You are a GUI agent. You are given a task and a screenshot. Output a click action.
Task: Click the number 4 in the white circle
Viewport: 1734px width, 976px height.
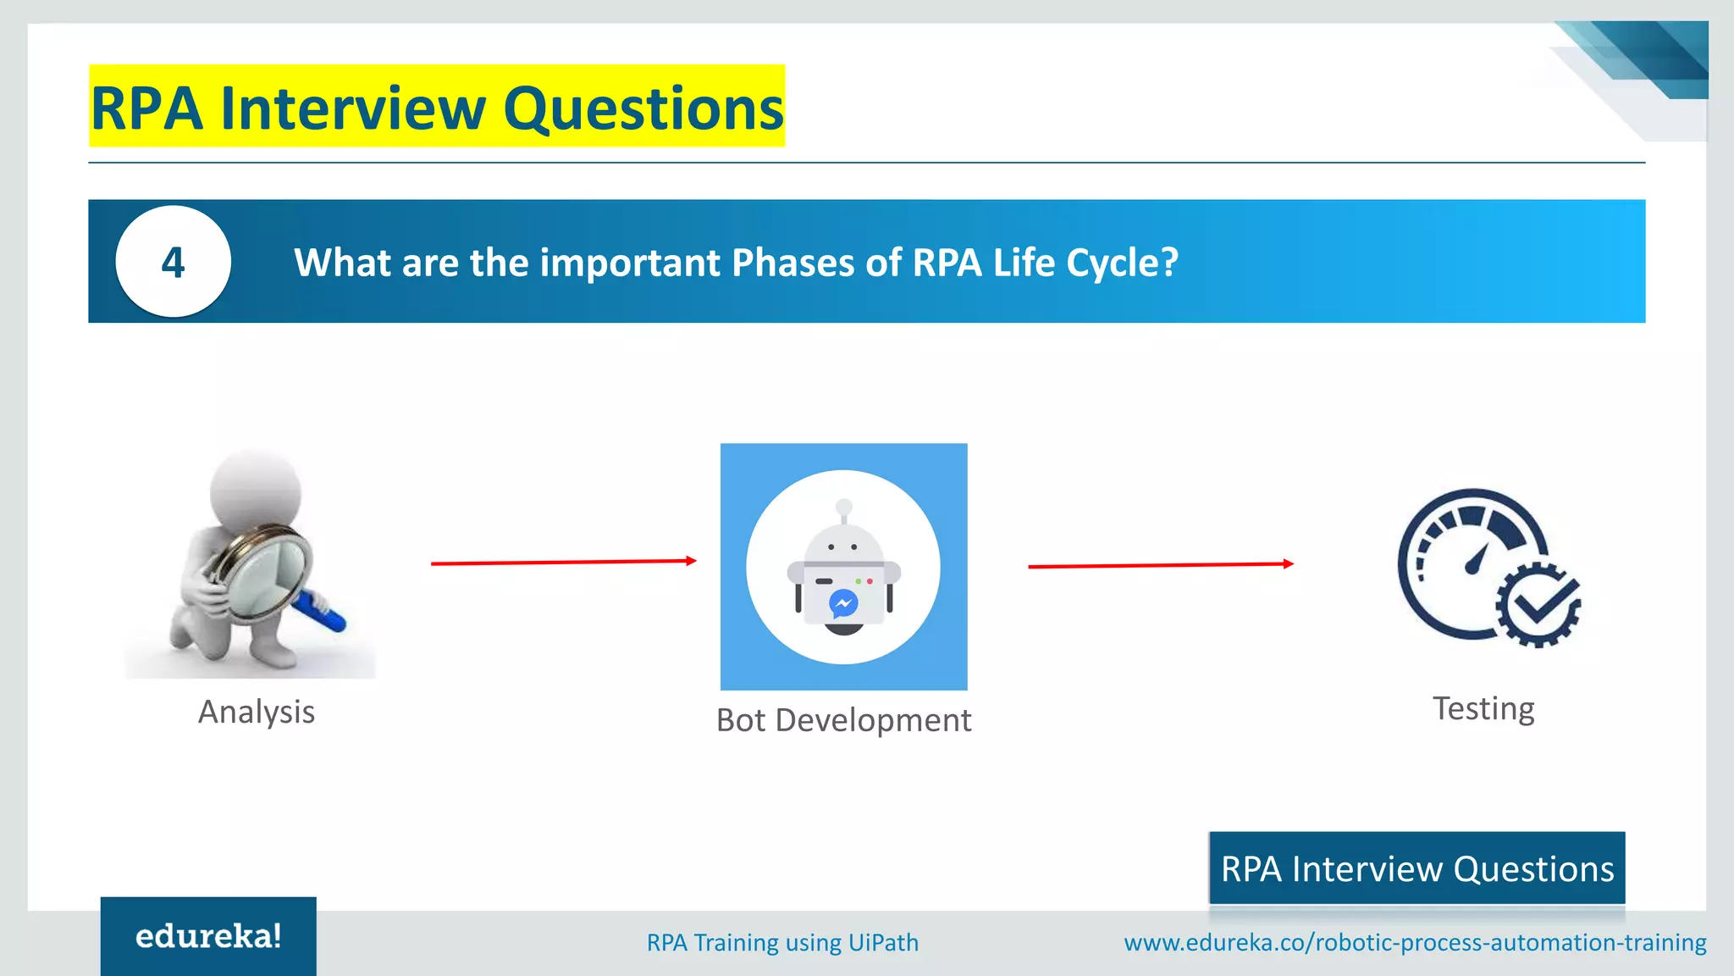coord(173,263)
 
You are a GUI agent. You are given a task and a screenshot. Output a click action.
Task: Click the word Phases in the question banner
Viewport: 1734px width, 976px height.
coord(793,263)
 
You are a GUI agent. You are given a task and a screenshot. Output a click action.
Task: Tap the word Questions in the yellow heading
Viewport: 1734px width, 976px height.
coord(643,108)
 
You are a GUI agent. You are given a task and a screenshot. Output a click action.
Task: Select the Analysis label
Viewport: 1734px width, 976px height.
coord(257,712)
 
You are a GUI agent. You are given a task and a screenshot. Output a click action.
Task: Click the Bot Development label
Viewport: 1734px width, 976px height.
coord(843,720)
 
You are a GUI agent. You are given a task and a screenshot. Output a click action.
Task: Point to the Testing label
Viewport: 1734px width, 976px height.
coord(1483,708)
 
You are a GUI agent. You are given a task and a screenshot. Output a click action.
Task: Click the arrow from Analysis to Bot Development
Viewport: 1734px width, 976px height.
coord(563,562)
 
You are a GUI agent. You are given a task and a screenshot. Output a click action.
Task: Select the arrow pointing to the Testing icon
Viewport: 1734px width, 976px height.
coord(1160,565)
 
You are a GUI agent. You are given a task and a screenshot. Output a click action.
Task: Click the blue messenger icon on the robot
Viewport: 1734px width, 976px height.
coord(843,603)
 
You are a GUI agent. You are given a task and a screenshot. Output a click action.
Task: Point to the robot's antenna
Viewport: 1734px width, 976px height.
coord(843,510)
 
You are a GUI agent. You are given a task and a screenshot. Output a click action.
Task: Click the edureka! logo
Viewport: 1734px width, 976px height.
coord(208,936)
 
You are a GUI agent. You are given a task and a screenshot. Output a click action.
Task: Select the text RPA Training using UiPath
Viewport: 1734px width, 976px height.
coord(782,943)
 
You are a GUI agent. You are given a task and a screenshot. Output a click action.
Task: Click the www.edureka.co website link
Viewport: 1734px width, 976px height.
coord(1415,943)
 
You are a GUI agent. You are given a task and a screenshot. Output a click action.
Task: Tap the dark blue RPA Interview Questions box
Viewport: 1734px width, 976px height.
coord(1416,868)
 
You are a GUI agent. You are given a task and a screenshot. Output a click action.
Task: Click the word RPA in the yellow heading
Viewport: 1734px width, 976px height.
coord(146,108)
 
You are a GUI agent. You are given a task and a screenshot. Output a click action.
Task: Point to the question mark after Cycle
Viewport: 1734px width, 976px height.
coord(1169,263)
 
